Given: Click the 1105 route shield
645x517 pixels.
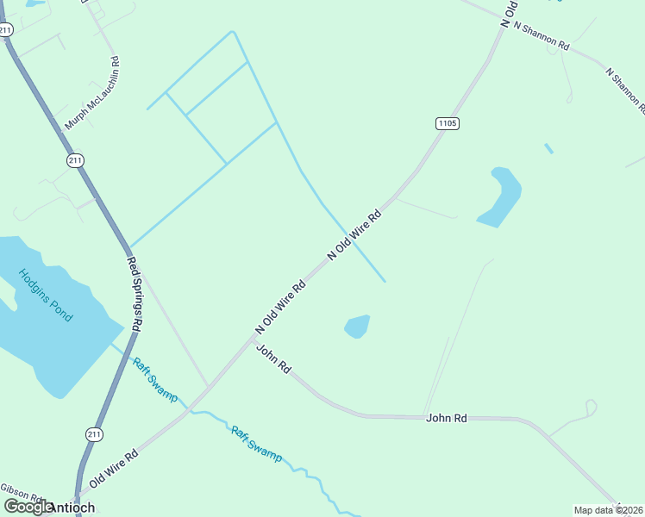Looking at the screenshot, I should pyautogui.click(x=447, y=123).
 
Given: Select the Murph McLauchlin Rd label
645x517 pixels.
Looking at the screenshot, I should pyautogui.click(x=92, y=94).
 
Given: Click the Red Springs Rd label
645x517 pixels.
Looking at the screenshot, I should pyautogui.click(x=135, y=294).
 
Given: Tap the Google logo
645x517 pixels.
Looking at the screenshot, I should pyautogui.click(x=28, y=507).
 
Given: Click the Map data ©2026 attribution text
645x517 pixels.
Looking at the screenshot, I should pyautogui.click(x=609, y=510).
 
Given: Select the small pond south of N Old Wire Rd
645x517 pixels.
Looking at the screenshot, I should pyautogui.click(x=357, y=327).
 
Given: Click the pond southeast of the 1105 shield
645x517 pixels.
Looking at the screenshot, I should pyautogui.click(x=501, y=198).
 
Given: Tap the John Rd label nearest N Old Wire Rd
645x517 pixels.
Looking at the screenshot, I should pyautogui.click(x=272, y=358).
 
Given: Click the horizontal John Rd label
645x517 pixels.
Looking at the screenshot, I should pyautogui.click(x=446, y=418).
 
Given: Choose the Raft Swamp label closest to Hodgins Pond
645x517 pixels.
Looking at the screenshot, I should pyautogui.click(x=154, y=379).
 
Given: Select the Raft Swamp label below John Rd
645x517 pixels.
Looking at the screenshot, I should pyautogui.click(x=256, y=444).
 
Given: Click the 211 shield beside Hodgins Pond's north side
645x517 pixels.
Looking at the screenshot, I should pyautogui.click(x=76, y=160).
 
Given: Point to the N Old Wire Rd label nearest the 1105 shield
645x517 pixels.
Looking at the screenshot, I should pyautogui.click(x=354, y=235).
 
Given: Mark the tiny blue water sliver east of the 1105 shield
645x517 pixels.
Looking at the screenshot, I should pyautogui.click(x=548, y=148).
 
